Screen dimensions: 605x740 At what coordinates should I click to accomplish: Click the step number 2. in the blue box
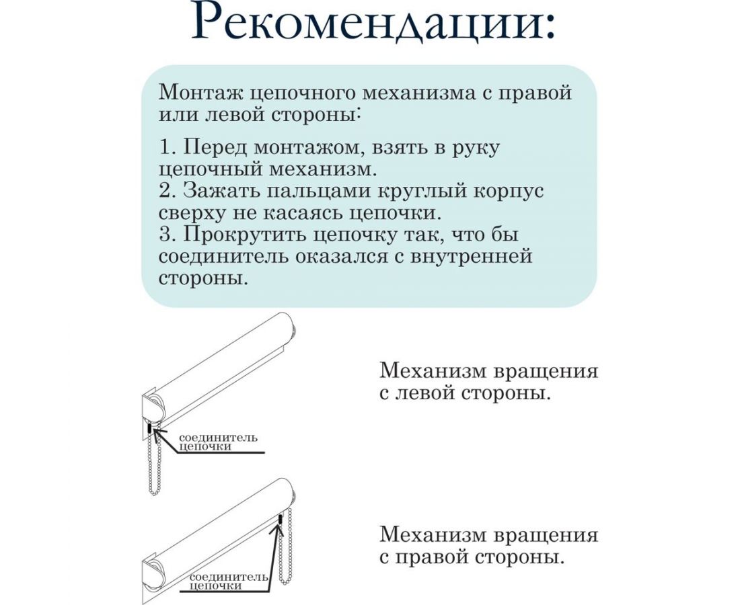point(168,191)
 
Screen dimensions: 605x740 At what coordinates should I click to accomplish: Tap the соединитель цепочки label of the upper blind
point(217,442)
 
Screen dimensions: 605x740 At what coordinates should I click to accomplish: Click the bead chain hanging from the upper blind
point(153,471)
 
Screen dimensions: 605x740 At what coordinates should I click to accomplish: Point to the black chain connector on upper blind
point(148,429)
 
